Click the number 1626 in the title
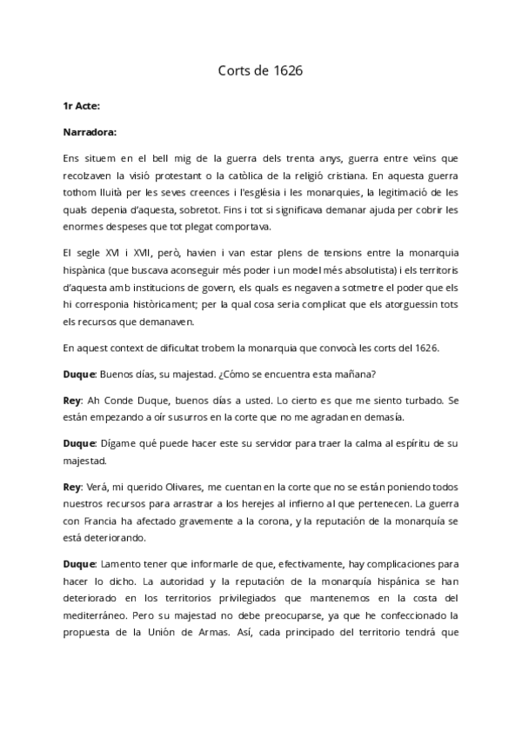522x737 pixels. (285, 70)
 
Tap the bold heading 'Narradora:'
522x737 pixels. (90, 133)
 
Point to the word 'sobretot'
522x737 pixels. (264, 209)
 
